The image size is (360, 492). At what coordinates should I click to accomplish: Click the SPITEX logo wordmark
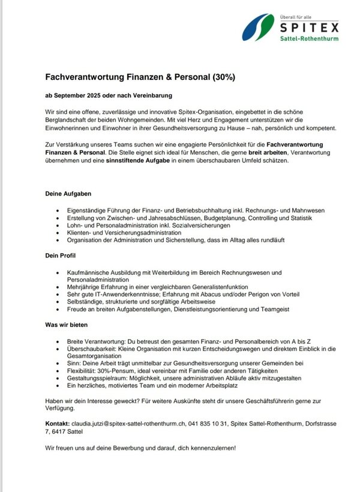tap(309, 27)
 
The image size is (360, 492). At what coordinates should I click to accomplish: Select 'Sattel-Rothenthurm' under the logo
tap(310, 39)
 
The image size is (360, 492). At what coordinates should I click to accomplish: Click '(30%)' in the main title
tap(223, 77)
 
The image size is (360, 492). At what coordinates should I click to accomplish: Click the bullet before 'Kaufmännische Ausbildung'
tap(56, 272)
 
